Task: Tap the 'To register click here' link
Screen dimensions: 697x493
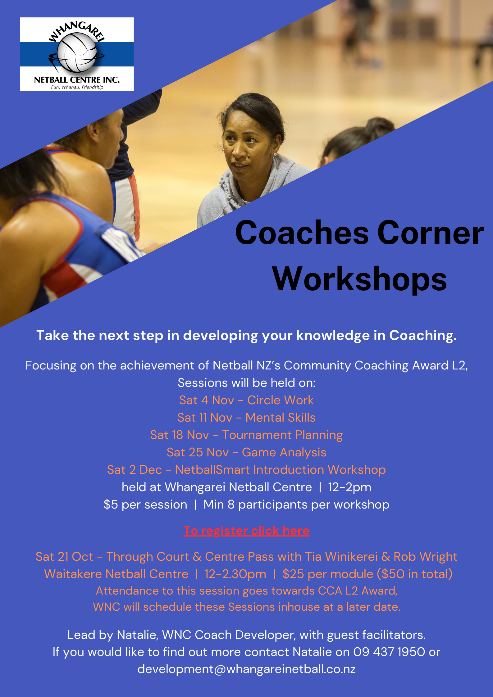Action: click(x=246, y=531)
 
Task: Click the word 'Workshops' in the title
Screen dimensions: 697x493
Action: click(x=359, y=279)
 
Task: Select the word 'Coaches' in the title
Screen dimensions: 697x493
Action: click(x=302, y=233)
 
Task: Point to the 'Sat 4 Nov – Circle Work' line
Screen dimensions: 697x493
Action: click(x=246, y=400)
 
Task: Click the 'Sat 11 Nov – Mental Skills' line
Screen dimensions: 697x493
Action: click(x=246, y=418)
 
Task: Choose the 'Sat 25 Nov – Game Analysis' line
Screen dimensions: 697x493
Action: click(x=246, y=452)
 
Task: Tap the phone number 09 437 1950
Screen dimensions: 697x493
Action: click(x=389, y=652)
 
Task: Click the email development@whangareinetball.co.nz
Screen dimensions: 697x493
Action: click(x=246, y=669)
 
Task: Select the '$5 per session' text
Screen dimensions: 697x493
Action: click(x=145, y=505)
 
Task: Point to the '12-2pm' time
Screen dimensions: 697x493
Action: click(x=349, y=487)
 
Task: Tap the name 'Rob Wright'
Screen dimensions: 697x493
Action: click(x=425, y=557)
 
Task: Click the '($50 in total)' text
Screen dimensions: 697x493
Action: click(x=414, y=574)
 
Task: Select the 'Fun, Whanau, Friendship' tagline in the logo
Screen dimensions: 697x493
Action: click(x=77, y=87)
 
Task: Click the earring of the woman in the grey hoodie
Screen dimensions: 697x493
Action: click(x=275, y=154)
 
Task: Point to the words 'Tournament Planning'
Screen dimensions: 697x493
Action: click(x=282, y=435)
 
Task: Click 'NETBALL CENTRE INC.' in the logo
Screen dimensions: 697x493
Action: click(x=77, y=80)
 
